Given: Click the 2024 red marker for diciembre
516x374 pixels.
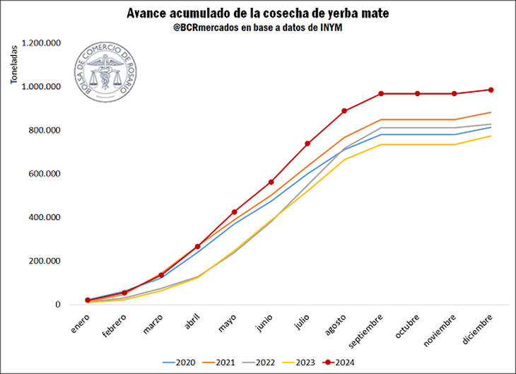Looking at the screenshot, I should pyautogui.click(x=491, y=90).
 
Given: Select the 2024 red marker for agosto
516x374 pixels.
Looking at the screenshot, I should pyautogui.click(x=344, y=111).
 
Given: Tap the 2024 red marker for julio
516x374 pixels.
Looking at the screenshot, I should pyautogui.click(x=307, y=144).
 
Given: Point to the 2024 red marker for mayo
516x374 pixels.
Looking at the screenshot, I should pyautogui.click(x=234, y=212).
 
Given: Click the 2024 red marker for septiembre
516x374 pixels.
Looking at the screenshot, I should pyautogui.click(x=381, y=93).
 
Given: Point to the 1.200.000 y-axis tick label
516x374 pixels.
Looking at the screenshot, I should pyautogui.click(x=41, y=43).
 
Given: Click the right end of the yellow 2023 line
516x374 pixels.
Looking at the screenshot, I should pyautogui.click(x=491, y=136).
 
